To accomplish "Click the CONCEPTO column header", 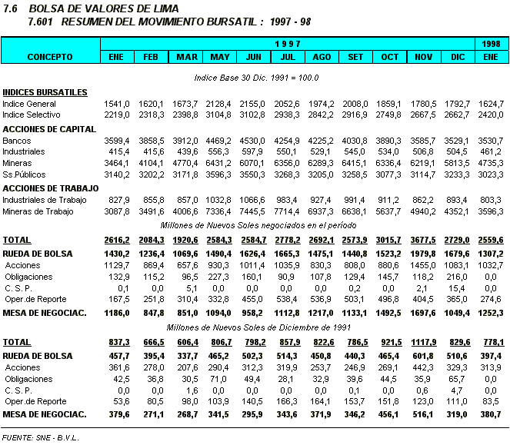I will (x=50, y=57).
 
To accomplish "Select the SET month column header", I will (x=356, y=57).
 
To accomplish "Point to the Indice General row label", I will (x=29, y=104).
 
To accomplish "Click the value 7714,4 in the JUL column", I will (x=288, y=211).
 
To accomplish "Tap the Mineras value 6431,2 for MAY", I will (x=221, y=163).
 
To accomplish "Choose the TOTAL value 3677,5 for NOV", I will (x=424, y=241).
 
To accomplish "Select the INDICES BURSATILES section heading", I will (x=44, y=92).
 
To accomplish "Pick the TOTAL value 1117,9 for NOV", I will (x=424, y=341).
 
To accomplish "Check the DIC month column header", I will (x=458, y=57).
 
